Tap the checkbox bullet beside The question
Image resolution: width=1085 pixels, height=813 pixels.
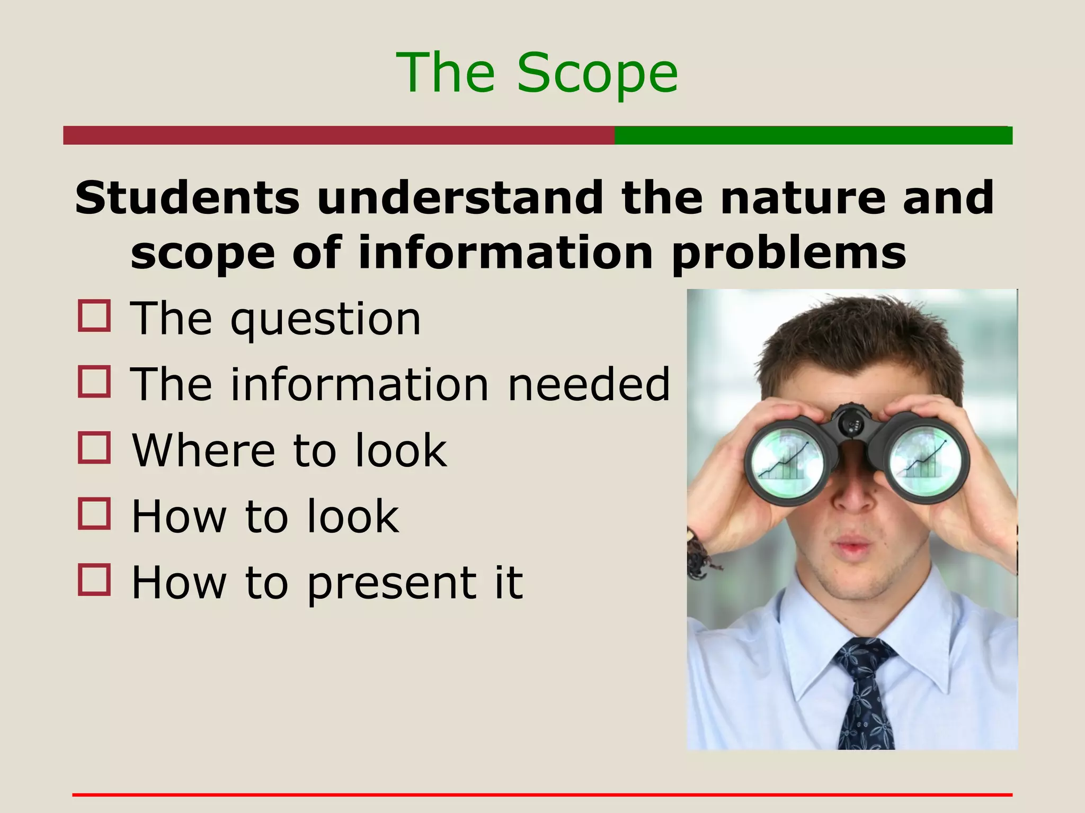point(94,316)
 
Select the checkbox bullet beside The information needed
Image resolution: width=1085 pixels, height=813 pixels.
point(94,382)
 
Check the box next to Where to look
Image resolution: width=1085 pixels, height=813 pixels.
point(94,448)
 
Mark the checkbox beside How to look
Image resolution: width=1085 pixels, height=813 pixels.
point(94,513)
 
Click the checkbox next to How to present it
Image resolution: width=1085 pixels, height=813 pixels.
point(94,580)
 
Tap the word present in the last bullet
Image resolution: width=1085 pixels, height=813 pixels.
point(392,583)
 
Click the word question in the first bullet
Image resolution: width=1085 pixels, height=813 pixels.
point(326,320)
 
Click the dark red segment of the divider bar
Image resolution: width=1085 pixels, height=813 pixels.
point(339,135)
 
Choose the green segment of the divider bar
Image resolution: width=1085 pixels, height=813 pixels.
point(813,135)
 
